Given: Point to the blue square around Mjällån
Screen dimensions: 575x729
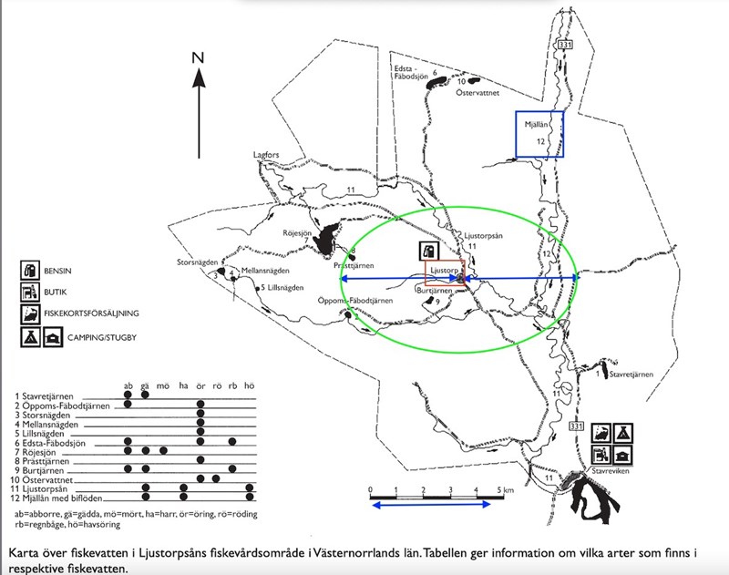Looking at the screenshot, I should pyautogui.click(x=538, y=134).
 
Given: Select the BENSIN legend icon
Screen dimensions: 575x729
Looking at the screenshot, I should pyautogui.click(x=30, y=271).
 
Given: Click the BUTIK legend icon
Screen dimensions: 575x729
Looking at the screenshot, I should pyautogui.click(x=30, y=293).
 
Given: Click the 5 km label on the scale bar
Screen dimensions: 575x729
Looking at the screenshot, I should pyautogui.click(x=506, y=490).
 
